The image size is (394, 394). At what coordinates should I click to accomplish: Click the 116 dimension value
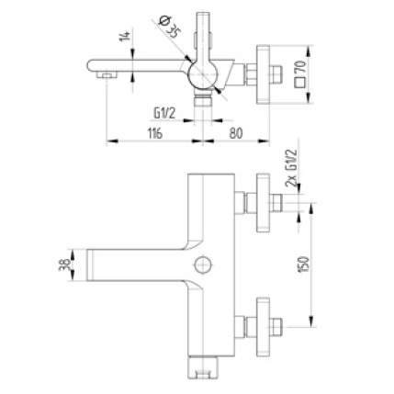[153, 133]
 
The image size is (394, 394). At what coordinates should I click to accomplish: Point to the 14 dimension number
[121, 38]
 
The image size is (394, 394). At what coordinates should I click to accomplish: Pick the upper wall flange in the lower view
[268, 204]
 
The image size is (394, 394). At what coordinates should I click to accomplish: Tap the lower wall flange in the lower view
[268, 325]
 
